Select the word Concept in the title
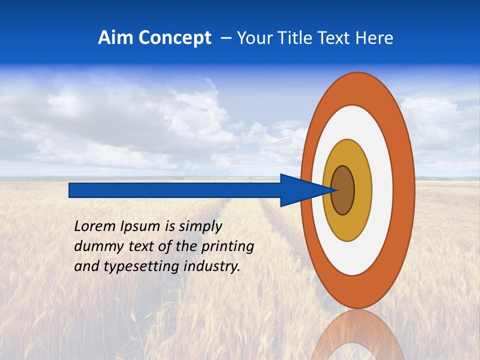coord(174,38)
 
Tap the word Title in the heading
coord(290,38)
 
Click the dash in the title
coord(225,38)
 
